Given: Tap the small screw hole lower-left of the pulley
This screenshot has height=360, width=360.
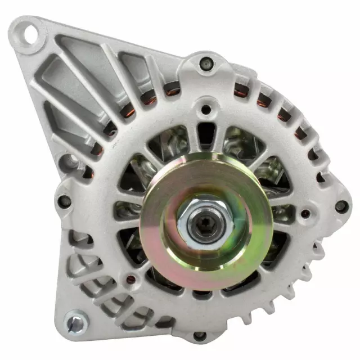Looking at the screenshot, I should click(x=131, y=278).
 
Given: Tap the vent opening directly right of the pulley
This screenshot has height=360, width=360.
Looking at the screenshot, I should click(x=281, y=214).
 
